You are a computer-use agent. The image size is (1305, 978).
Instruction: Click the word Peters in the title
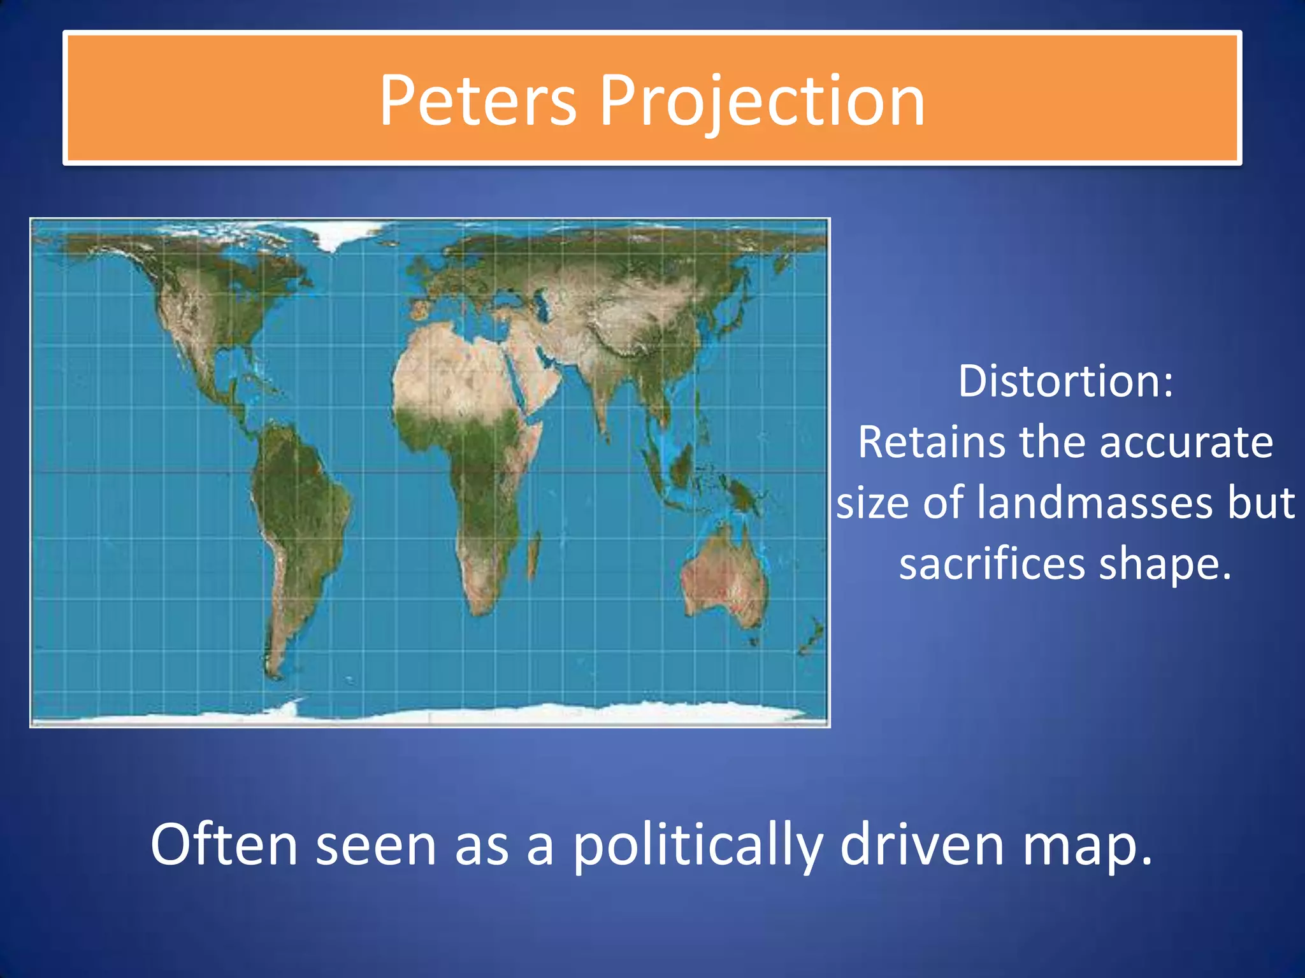click(478, 101)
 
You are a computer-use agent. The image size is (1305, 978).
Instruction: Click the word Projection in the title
click(762, 101)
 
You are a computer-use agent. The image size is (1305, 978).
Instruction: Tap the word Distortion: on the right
click(1065, 381)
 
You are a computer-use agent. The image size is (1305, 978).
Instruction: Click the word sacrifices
click(991, 563)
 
